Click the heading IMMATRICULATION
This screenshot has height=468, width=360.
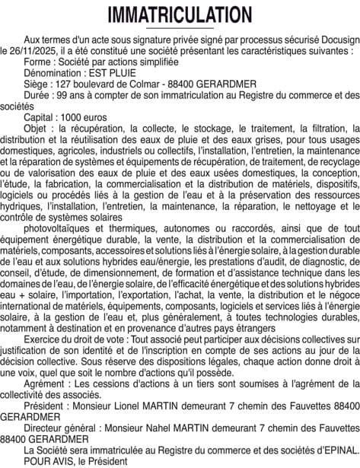pyautogui.click(x=180, y=15)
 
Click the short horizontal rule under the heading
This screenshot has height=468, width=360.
pyautogui.click(x=180, y=28)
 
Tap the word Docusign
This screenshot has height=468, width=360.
pyautogui.click(x=334, y=39)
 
